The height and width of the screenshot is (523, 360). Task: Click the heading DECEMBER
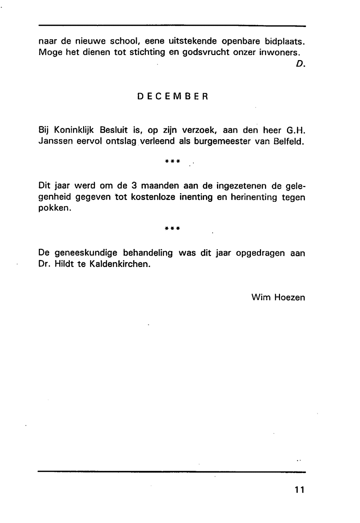coord(173,97)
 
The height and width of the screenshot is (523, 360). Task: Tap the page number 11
coord(299,490)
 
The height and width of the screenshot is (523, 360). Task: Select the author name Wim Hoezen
coord(278,297)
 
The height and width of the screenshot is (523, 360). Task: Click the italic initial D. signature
coord(301,64)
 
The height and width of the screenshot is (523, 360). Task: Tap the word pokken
coord(54,208)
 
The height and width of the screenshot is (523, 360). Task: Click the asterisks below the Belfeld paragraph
coord(172,161)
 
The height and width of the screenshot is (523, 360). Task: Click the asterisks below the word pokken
coord(172,228)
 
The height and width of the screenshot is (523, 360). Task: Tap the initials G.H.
coord(296,130)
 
